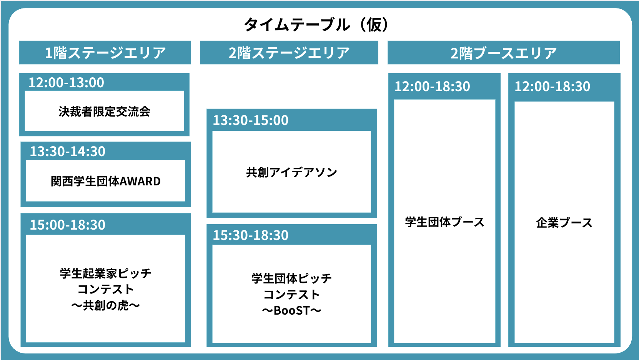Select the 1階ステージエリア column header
[105, 53]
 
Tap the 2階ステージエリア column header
[289, 53]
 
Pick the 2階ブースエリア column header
[504, 53]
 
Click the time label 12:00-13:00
[66, 83]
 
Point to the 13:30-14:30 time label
[68, 152]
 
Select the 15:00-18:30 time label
[68, 225]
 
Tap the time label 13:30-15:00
[250, 120]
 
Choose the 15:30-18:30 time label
[250, 235]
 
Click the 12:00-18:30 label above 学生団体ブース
[432, 87]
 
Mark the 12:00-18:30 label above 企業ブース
[552, 87]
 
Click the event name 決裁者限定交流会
[105, 112]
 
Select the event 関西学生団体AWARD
[106, 182]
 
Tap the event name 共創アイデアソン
[291, 172]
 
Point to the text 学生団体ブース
[444, 222]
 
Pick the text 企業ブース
[564, 223]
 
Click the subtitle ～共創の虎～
[106, 305]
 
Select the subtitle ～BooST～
[291, 311]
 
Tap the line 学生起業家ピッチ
[106, 273]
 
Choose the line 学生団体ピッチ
[291, 278]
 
